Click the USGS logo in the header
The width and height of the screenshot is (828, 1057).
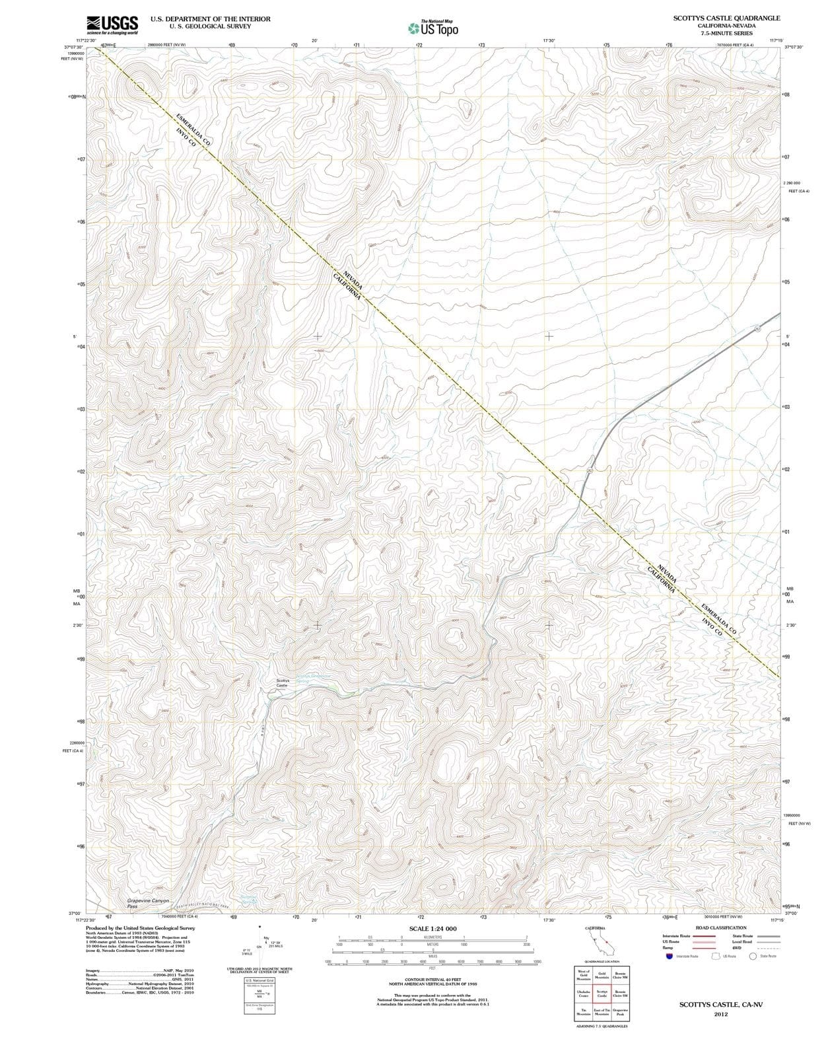112,24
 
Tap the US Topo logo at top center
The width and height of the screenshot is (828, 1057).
432,28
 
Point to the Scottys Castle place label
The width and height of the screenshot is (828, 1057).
282,683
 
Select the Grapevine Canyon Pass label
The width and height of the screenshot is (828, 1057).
149,903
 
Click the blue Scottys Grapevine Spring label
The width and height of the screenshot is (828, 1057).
313,678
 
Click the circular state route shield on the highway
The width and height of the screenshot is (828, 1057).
757,328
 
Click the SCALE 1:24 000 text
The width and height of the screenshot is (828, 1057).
432,929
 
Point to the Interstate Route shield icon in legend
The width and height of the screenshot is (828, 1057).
669,956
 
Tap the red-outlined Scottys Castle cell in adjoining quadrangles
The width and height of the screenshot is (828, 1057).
602,993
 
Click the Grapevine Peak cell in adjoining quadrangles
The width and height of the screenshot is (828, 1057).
620,1011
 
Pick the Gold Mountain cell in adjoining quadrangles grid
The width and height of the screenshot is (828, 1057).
602,974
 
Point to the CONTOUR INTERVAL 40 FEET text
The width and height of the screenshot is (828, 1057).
432,980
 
